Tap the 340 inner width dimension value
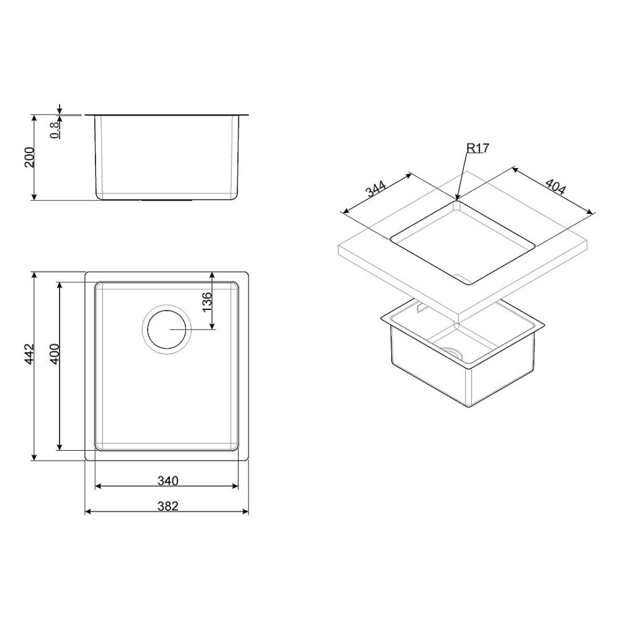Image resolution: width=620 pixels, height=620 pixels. pos(167,480)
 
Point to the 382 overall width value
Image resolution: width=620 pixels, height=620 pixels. pos(167,506)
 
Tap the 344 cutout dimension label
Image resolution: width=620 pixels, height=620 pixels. pos(376,189)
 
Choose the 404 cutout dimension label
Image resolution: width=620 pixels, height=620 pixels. pos(554,187)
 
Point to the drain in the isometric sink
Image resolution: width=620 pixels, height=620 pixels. pos(455,352)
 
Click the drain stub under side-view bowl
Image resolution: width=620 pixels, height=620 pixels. pos(167,201)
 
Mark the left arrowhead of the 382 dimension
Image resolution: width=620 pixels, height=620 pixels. pos(87,512)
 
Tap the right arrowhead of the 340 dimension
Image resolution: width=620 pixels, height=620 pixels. pos(237,486)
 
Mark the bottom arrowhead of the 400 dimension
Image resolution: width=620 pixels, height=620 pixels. pos(60,447)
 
